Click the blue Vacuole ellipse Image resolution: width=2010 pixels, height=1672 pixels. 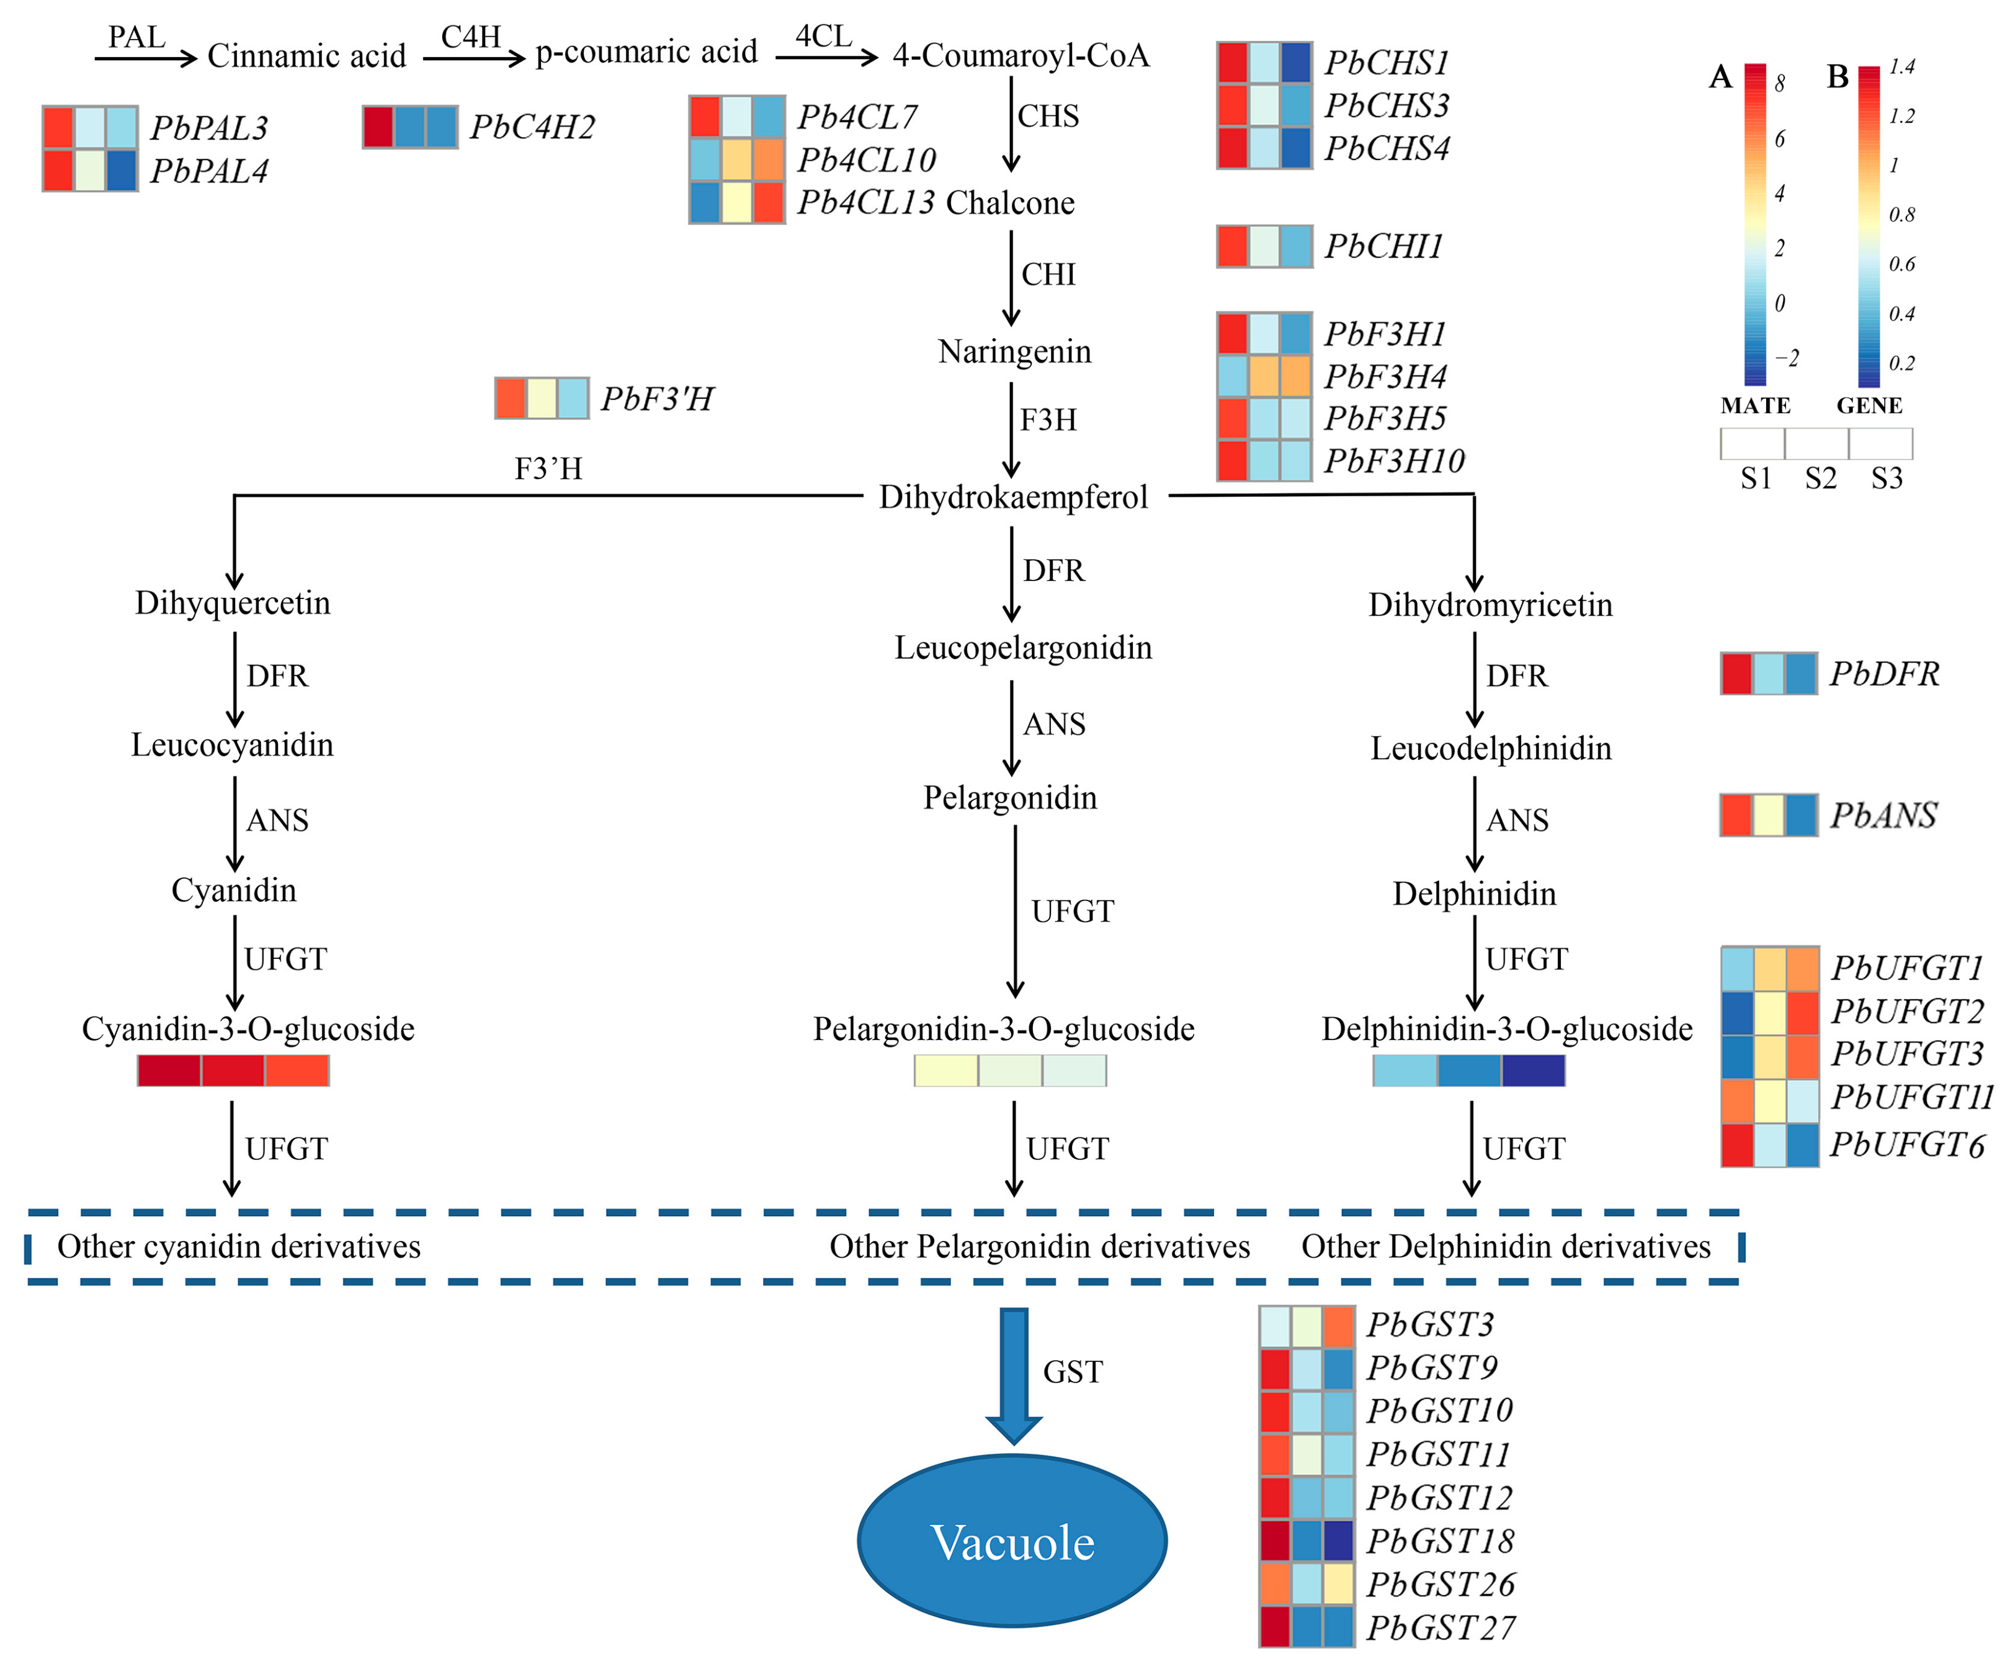pyautogui.click(x=1012, y=1541)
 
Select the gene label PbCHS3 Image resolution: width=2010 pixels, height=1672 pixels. pyautogui.click(x=1387, y=105)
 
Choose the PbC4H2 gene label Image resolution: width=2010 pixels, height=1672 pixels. pyautogui.click(x=532, y=127)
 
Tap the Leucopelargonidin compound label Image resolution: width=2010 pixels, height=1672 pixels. pyautogui.click(x=1023, y=648)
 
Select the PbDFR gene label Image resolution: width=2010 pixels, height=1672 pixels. pyautogui.click(x=1883, y=674)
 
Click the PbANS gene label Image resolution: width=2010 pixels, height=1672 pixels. pyautogui.click(x=1883, y=816)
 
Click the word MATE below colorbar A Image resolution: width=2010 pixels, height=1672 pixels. pyautogui.click(x=1756, y=406)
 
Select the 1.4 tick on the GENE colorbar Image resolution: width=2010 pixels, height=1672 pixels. pyautogui.click(x=1901, y=67)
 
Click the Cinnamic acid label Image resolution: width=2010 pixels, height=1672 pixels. pyautogui.click(x=306, y=56)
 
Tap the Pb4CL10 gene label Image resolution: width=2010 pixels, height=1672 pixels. pyautogui.click(x=866, y=160)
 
